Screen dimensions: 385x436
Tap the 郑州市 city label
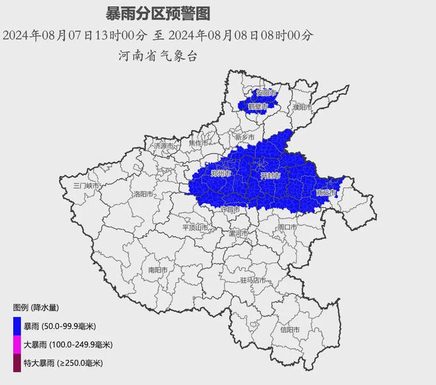click(220, 174)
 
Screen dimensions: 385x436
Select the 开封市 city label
click(271, 176)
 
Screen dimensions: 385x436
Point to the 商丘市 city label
click(326, 193)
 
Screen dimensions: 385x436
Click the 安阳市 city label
click(266, 92)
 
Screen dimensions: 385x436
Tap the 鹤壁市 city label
click(258, 106)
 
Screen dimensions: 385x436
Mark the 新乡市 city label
click(244, 137)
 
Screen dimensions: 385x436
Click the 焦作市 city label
click(198, 143)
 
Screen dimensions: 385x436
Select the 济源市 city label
click(163, 145)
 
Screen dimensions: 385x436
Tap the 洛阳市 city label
click(141, 194)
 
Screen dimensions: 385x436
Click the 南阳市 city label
click(158, 269)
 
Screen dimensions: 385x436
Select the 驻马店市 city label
click(253, 281)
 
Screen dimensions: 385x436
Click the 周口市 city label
click(287, 227)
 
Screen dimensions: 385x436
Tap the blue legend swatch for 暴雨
click(17, 326)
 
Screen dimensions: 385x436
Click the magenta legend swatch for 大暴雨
click(17, 344)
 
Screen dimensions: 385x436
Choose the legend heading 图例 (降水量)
click(36, 307)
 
